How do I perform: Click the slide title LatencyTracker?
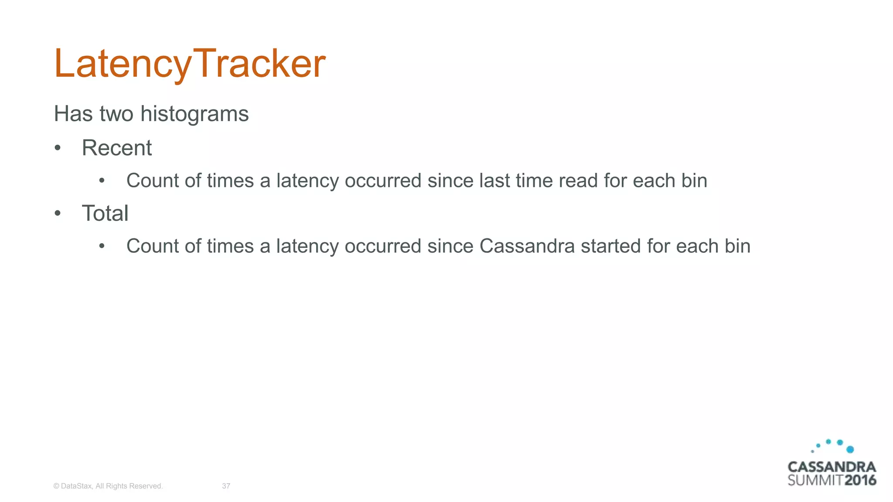189,64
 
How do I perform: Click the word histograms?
194,114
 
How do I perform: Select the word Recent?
117,148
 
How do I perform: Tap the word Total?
105,214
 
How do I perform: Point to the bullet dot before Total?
58,214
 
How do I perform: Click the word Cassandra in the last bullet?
527,246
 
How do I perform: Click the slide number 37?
226,486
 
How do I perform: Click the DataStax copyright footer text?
108,486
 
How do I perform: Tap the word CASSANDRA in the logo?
832,467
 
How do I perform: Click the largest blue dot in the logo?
850,449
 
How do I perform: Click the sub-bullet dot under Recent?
102,181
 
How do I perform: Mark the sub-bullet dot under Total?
102,246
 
